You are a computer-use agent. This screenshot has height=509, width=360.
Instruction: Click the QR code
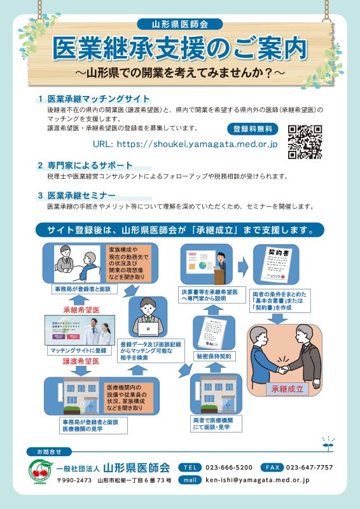point(305,141)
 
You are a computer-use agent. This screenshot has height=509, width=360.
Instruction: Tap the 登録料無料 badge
point(253,129)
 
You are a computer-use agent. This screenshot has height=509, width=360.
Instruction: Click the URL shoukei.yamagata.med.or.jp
point(185,144)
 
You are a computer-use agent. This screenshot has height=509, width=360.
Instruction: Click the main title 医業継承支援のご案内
point(179,48)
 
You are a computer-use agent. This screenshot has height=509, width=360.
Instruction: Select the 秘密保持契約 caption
point(214,356)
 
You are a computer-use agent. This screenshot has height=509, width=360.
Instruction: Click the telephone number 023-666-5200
point(228,467)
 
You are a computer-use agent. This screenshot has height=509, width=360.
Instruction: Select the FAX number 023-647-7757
point(308,467)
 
